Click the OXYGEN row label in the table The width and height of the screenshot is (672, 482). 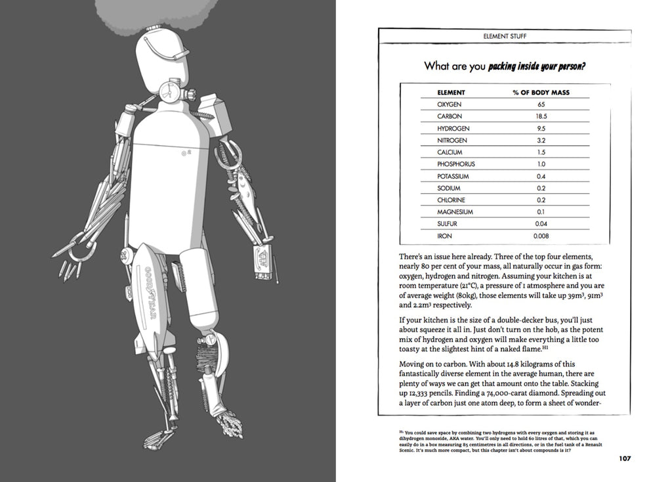pos(450,104)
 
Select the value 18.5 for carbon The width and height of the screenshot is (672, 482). pos(541,116)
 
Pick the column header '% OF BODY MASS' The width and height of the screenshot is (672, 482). pos(541,93)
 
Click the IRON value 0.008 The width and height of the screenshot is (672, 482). pos(541,235)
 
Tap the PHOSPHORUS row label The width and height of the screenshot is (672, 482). pos(455,164)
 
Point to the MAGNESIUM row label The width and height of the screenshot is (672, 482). pos(455,211)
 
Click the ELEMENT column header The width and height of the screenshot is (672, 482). pos(451,93)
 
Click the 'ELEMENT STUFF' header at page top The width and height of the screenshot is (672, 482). pos(504,37)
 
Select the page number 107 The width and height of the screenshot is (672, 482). pos(624,458)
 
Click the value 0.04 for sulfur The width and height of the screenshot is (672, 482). pos(541,223)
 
